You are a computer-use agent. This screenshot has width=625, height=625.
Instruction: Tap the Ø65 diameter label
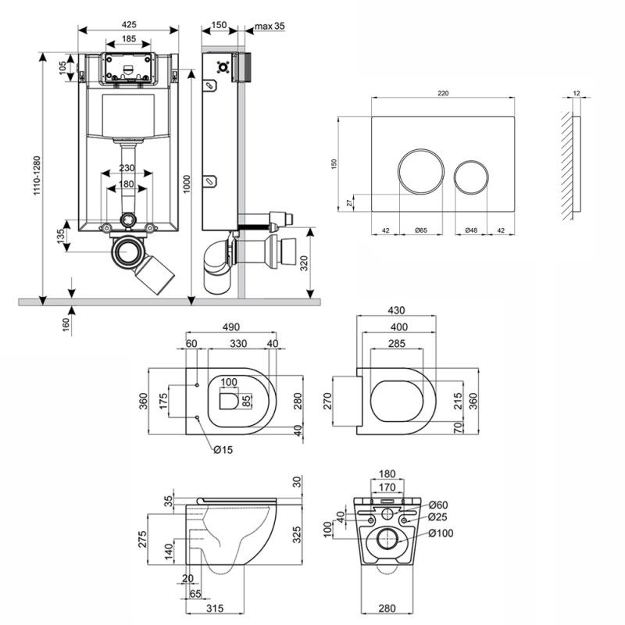[420, 230]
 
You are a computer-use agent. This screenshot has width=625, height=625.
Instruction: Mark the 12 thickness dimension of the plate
[577, 93]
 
